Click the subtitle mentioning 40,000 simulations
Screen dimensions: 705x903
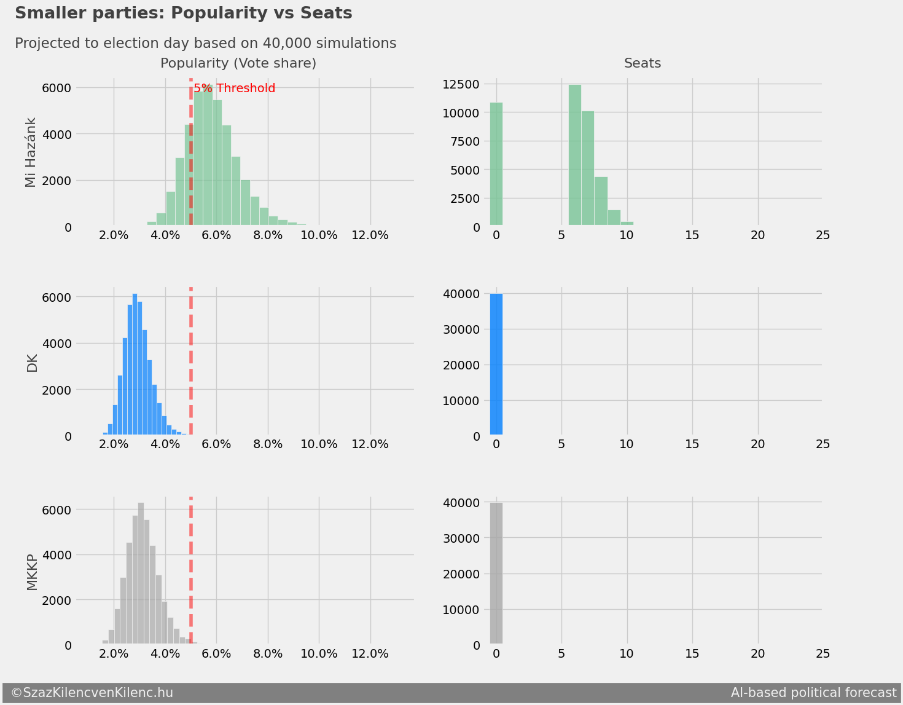[205, 44]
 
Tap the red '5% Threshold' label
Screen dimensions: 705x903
[235, 89]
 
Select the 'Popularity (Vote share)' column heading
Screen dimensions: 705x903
[238, 63]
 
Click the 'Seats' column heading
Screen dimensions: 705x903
[642, 63]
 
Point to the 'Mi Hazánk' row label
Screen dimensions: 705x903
[31, 152]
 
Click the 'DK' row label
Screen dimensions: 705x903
[32, 363]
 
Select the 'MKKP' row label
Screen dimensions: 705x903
[32, 572]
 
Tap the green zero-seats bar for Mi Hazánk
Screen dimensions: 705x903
[496, 165]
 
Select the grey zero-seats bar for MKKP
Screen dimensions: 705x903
[496, 573]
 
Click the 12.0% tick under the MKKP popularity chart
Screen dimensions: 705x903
[370, 654]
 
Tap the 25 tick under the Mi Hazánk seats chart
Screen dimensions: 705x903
[823, 235]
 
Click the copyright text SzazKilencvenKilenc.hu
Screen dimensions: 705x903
[92, 693]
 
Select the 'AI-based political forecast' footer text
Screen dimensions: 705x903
[813, 693]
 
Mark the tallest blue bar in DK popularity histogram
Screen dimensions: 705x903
[135, 364]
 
